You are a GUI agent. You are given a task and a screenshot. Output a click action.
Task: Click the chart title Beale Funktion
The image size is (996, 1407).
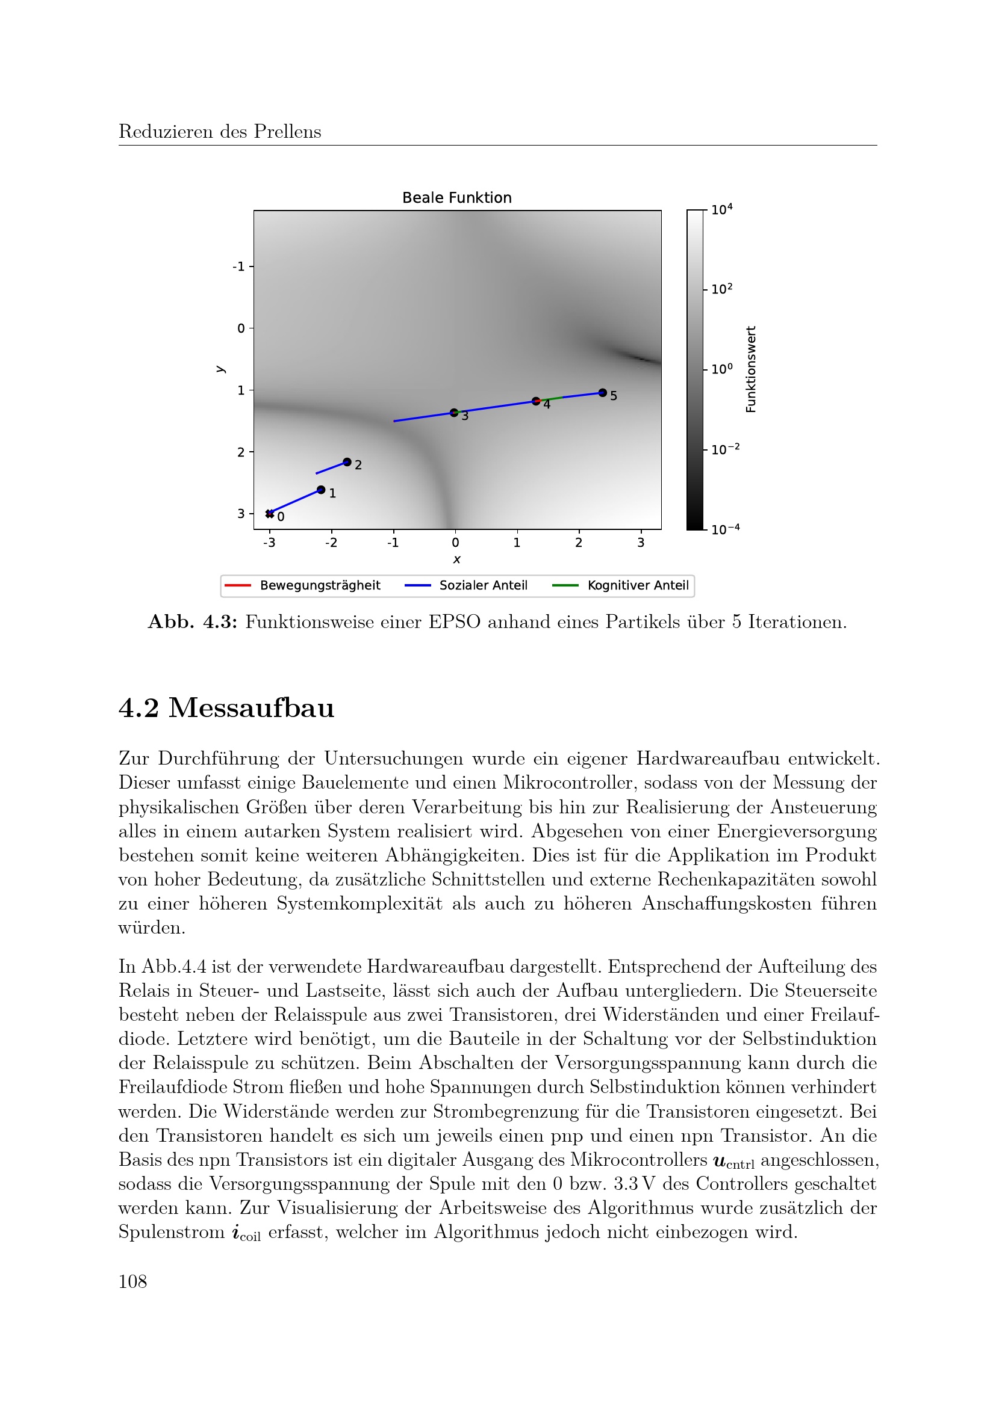[456, 198]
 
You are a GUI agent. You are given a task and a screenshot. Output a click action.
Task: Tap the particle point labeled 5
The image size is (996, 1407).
[602, 393]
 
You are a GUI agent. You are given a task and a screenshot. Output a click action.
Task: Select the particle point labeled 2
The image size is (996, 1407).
[347, 462]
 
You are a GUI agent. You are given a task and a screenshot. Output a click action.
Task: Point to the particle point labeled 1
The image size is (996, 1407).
[321, 490]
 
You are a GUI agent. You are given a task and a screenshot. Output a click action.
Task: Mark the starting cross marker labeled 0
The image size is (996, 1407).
[270, 514]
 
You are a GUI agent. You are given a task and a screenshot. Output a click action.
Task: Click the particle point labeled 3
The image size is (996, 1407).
[454, 413]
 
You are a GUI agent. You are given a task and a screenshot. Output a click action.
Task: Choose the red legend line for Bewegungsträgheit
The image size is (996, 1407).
[238, 585]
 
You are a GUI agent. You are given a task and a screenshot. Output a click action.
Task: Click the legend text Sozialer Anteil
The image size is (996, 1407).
[484, 585]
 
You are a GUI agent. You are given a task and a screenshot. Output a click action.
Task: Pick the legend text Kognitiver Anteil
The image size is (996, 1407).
[638, 585]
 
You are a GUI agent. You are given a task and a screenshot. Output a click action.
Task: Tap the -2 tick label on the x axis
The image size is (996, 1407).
[331, 543]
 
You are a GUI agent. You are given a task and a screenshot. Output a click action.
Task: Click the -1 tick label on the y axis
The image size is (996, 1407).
[238, 266]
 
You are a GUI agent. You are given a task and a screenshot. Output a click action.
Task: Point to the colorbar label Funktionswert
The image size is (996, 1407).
[751, 369]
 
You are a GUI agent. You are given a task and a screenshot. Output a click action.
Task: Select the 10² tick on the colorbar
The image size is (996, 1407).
[721, 289]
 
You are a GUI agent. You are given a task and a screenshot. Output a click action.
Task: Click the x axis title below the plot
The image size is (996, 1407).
[456, 559]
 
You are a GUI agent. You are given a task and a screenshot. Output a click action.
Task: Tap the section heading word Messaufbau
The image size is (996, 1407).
[252, 708]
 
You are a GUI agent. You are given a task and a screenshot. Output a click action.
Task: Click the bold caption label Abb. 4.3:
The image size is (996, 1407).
[193, 622]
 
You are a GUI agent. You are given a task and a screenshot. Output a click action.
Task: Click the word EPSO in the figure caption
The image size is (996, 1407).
[454, 622]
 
